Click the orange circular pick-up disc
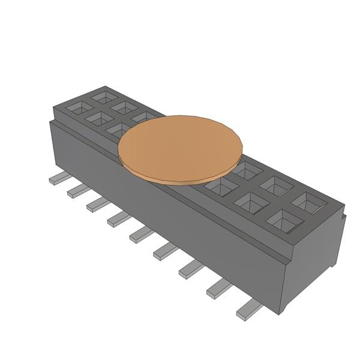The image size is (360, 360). coord(181,146)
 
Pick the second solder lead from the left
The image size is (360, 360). coord(77,190)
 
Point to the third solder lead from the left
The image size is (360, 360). coord(97,205)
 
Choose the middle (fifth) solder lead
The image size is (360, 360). coord(140,235)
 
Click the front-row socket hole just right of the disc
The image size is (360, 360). coord(217,187)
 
